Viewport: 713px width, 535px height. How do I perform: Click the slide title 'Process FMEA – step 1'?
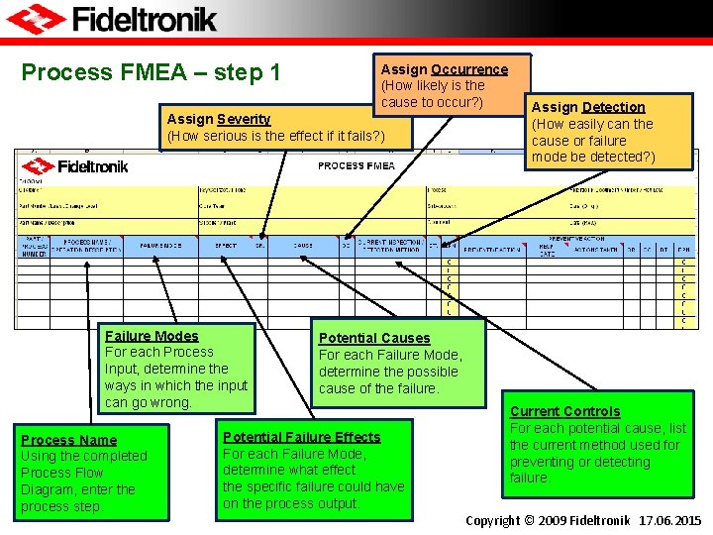(x=152, y=72)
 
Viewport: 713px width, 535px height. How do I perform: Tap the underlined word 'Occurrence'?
(x=469, y=69)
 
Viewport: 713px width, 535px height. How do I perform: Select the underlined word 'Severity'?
(x=244, y=119)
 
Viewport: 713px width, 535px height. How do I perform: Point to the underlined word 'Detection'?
(x=613, y=107)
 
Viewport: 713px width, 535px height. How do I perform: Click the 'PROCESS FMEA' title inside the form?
(x=356, y=165)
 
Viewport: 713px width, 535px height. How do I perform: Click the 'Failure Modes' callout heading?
(x=152, y=336)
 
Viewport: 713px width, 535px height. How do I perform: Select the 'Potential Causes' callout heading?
(x=374, y=338)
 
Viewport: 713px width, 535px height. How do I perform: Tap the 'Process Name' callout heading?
(x=68, y=440)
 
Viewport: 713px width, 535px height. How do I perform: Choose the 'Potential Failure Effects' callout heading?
(x=302, y=437)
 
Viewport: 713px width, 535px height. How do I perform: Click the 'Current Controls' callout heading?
(x=564, y=411)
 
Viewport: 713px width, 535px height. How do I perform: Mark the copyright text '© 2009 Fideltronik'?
(x=575, y=520)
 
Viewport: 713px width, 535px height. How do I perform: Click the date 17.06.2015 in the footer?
(x=670, y=520)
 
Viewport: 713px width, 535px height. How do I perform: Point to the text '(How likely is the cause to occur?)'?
(x=433, y=94)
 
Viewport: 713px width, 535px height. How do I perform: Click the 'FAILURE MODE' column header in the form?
(x=162, y=245)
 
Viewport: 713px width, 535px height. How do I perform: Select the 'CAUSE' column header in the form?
(x=303, y=245)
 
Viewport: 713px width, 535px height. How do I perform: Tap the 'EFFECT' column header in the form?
(x=226, y=245)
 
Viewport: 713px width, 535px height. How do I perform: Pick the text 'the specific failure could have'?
(x=314, y=486)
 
